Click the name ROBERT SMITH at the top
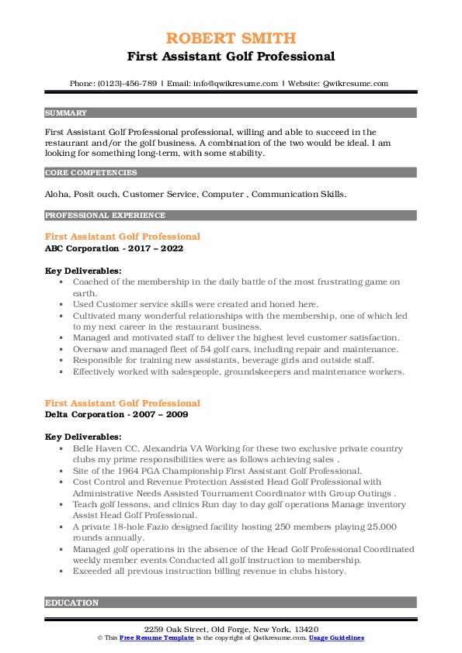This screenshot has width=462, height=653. coord(231,39)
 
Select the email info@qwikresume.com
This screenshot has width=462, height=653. coord(225,84)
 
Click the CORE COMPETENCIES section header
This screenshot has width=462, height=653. coord(91,173)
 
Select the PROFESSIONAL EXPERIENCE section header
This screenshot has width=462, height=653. coord(105,215)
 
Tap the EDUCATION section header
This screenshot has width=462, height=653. coord(72,602)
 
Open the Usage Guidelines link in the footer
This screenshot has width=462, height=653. coord(337,637)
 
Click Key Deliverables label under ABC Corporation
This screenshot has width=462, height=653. coord(82,271)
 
